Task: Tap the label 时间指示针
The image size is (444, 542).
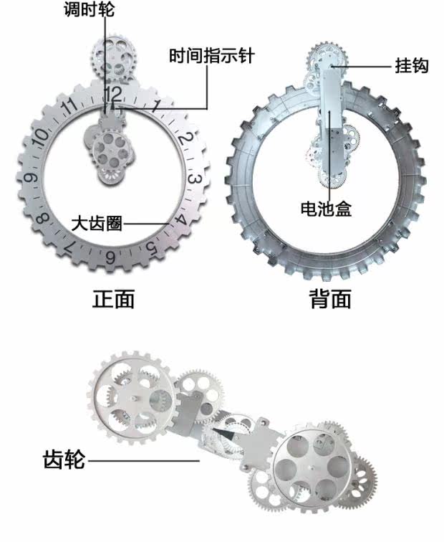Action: tap(212, 55)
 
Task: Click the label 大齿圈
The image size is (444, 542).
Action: tap(97, 223)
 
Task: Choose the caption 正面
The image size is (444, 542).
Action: tap(114, 298)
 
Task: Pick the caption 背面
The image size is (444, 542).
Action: tap(330, 298)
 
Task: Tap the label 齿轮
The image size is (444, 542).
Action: tap(64, 458)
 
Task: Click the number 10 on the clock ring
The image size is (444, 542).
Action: tap(41, 134)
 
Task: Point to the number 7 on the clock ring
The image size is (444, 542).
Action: tap(69, 247)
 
